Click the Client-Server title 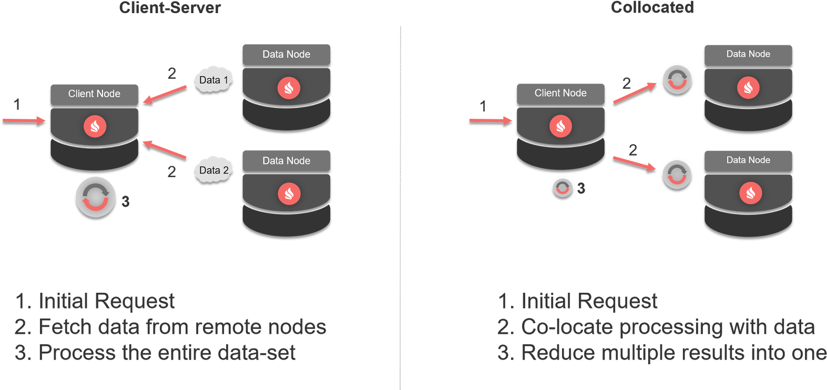pyautogui.click(x=170, y=8)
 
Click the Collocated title pyautogui.click(x=652, y=8)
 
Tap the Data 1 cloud pyautogui.click(x=213, y=80)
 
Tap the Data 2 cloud pyautogui.click(x=213, y=170)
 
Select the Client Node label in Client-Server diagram pyautogui.click(x=94, y=94)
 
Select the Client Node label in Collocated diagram pyautogui.click(x=560, y=94)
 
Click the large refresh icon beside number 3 pyautogui.click(x=96, y=197)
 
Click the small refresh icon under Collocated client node pyautogui.click(x=563, y=188)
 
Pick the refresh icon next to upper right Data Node pyautogui.click(x=677, y=80)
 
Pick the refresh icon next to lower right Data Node pyautogui.click(x=677, y=175)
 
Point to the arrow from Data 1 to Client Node pyautogui.click(x=165, y=95)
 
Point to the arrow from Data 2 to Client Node pyautogui.click(x=164, y=150)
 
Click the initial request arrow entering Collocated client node pyautogui.click(x=490, y=120)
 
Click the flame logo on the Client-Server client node pyautogui.click(x=95, y=126)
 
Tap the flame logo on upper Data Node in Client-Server pyautogui.click(x=289, y=88)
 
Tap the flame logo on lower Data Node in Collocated pyautogui.click(x=750, y=193)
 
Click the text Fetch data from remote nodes pyautogui.click(x=182, y=327)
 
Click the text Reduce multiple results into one pyautogui.click(x=673, y=353)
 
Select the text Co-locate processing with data pyautogui.click(x=668, y=327)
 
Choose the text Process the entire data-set pyautogui.click(x=167, y=353)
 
